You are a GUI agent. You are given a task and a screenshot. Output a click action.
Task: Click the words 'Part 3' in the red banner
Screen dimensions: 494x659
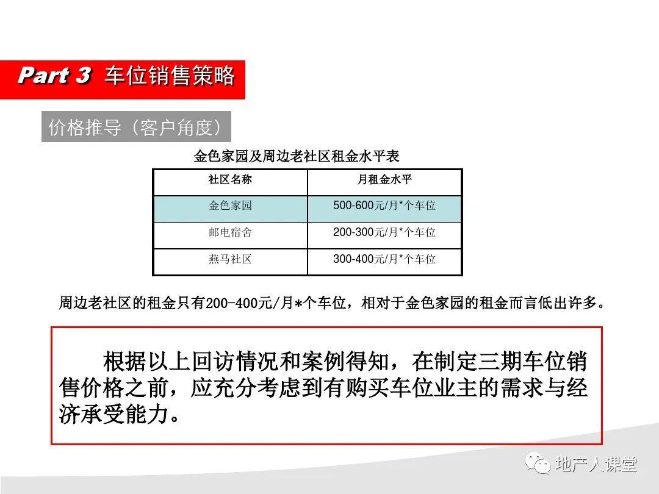coord(55,76)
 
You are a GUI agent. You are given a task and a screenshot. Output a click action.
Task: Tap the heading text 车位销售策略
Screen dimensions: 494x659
coord(169,76)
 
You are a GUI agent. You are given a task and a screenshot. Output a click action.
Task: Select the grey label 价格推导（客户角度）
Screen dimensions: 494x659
coord(136,127)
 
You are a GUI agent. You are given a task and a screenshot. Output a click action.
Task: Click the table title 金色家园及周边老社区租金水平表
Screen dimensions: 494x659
coord(297,157)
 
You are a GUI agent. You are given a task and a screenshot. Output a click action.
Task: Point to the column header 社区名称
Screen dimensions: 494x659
coord(230,180)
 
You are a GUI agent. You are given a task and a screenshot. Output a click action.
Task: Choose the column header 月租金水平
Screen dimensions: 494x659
coord(384,180)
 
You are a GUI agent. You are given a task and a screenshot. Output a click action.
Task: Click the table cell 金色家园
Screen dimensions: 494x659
coord(230,206)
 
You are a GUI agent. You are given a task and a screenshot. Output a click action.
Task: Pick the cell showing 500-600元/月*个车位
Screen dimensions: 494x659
coord(384,206)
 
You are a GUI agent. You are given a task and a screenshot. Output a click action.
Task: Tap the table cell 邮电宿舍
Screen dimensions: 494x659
coord(230,233)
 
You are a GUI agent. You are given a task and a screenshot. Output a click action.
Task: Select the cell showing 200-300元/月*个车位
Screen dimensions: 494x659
coord(384,233)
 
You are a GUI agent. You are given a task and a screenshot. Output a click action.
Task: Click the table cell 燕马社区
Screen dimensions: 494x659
coord(230,260)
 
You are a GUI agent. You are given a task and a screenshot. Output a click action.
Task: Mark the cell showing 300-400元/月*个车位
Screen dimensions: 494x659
coord(384,260)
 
